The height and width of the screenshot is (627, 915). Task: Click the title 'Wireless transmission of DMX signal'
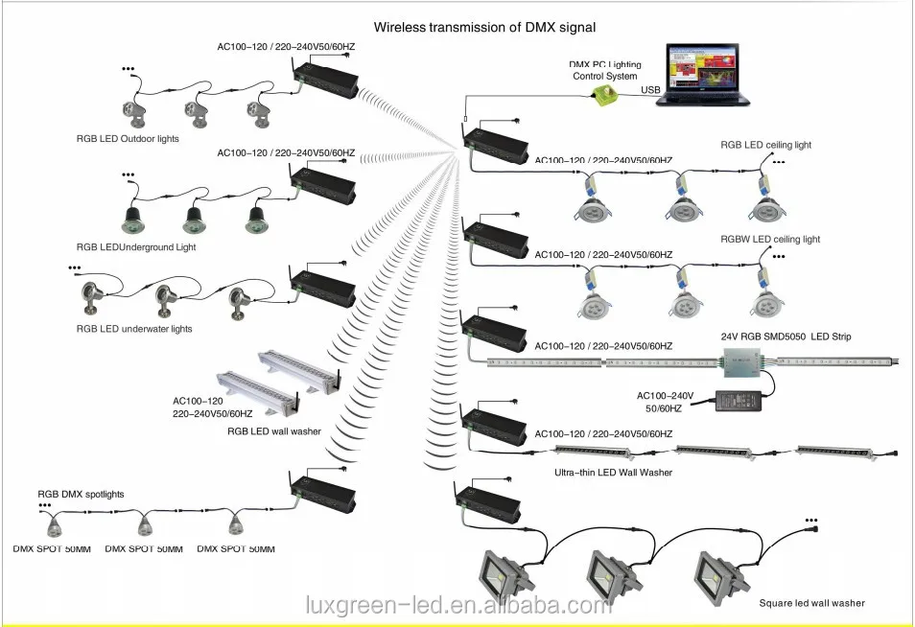click(x=484, y=28)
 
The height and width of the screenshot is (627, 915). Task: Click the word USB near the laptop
click(x=649, y=90)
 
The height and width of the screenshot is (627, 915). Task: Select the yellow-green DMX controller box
click(x=606, y=94)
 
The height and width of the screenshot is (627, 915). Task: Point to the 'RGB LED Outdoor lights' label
click(x=128, y=139)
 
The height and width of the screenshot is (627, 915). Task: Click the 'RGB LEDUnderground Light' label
click(x=136, y=247)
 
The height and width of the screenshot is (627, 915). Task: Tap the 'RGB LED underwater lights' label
click(x=134, y=329)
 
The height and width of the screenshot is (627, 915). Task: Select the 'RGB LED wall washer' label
click(x=274, y=431)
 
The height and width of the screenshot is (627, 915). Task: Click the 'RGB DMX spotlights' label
click(x=81, y=494)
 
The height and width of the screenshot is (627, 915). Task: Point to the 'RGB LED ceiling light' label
click(x=766, y=145)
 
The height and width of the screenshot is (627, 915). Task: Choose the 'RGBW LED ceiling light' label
click(x=770, y=239)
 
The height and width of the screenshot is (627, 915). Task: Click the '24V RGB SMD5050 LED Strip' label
click(x=786, y=337)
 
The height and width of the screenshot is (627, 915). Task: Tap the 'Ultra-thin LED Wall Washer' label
click(x=614, y=473)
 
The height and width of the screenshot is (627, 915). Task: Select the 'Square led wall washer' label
click(x=811, y=603)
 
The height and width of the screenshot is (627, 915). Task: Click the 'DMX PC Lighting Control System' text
click(x=604, y=69)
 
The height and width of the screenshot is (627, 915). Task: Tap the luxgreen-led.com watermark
click(x=457, y=605)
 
